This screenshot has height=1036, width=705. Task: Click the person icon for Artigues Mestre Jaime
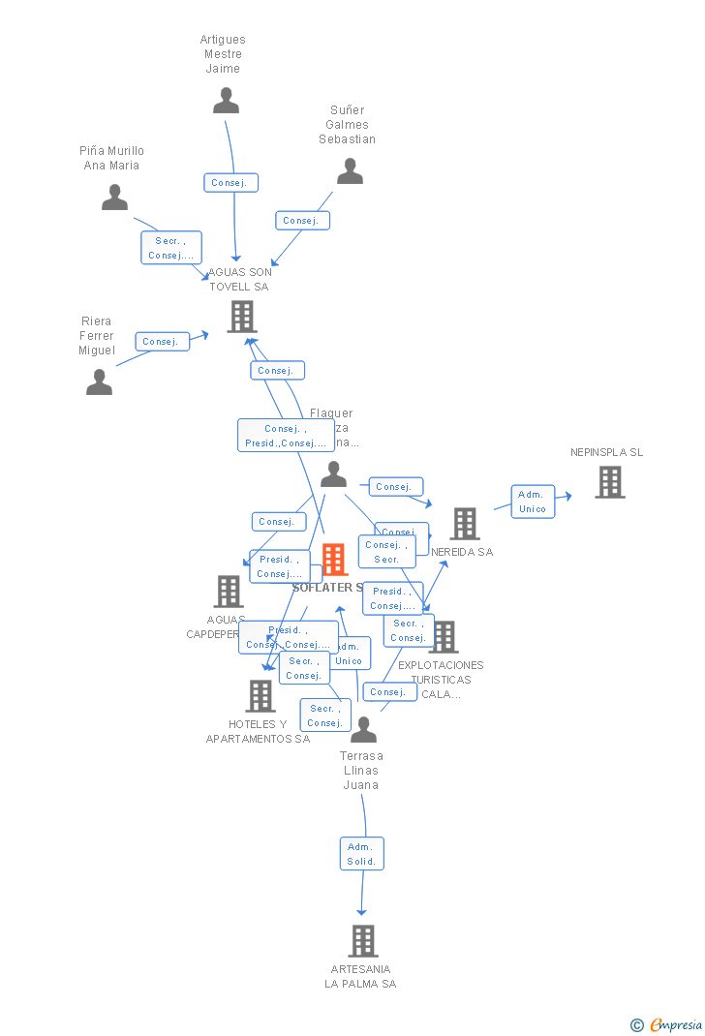226,101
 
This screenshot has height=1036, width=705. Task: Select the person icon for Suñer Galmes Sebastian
350,171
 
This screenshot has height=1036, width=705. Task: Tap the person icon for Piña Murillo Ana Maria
114,198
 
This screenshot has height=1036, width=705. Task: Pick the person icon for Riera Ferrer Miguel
99,382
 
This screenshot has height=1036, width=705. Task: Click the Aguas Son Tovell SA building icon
241,317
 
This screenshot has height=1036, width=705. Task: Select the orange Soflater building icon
334,560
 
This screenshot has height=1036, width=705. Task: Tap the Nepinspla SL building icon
609,482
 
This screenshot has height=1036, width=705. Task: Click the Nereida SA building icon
464,524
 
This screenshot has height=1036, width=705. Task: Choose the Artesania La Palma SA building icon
362,940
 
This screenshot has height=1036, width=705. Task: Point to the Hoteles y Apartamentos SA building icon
260,695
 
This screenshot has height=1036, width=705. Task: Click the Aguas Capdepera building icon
229,591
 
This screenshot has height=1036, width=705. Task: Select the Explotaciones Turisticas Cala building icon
444,637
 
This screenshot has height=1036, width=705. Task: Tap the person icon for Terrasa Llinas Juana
363,730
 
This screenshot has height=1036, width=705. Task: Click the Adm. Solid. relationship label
362,854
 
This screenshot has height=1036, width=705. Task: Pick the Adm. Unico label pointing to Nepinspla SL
533,502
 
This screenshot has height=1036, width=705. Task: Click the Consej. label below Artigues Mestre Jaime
230,182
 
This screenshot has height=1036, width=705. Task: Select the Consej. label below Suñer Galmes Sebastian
302,221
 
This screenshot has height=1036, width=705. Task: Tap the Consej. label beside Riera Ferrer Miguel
162,341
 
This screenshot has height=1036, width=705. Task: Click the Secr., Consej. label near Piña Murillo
171,248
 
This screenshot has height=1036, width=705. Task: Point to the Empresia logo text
675,1024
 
